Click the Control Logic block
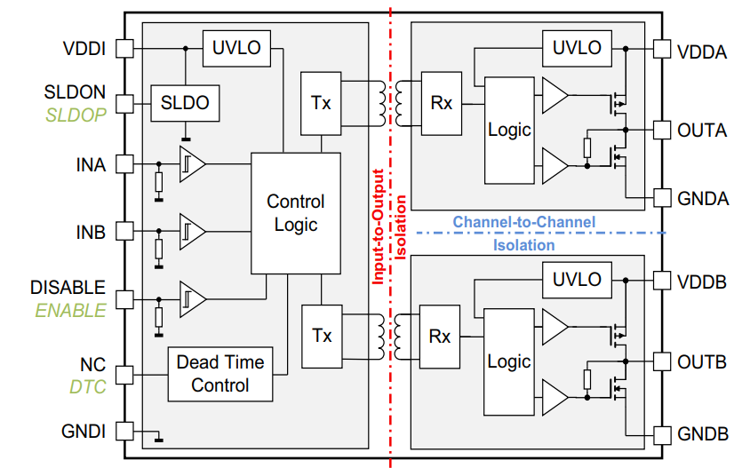(x=296, y=213)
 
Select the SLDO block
(x=185, y=103)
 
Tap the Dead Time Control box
(x=220, y=374)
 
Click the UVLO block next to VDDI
(x=236, y=47)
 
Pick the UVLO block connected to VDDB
(x=577, y=279)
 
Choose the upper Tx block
(x=321, y=103)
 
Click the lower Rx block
(x=440, y=337)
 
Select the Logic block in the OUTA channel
(x=509, y=130)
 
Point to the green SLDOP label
(x=76, y=114)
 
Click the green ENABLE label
(x=70, y=311)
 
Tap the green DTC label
(x=87, y=387)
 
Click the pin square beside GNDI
(x=125, y=432)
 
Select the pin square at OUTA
(x=661, y=130)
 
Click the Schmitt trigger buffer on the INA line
(x=191, y=164)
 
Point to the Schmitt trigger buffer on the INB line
(x=191, y=232)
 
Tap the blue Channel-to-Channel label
(x=523, y=221)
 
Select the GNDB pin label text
(x=703, y=434)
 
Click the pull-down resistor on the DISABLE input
(x=159, y=317)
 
